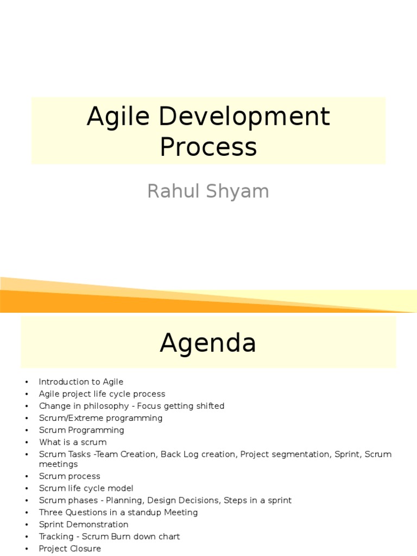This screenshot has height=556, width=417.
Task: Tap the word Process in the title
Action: [x=208, y=147]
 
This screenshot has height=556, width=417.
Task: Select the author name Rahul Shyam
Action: [x=208, y=191]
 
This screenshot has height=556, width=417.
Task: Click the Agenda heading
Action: [x=208, y=343]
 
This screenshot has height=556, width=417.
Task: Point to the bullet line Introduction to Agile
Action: [x=81, y=382]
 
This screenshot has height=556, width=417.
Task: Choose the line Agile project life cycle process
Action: [x=102, y=394]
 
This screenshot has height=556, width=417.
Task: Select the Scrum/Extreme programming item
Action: [x=100, y=418]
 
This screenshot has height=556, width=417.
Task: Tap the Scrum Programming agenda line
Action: [x=81, y=430]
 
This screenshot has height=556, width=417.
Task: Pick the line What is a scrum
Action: [x=73, y=443]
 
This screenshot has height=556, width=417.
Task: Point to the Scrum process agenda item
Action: [x=69, y=476]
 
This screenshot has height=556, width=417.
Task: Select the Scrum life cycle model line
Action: [x=86, y=488]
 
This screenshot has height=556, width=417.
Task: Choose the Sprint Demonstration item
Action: [x=84, y=525]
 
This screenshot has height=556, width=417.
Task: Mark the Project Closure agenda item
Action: [x=69, y=548]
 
